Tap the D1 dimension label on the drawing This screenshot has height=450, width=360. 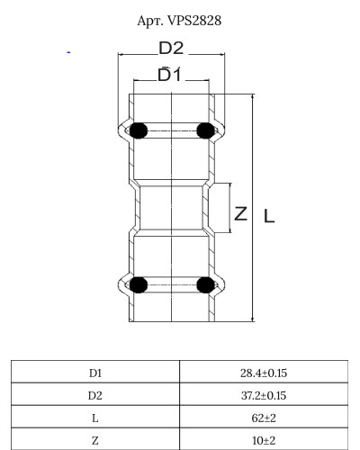coord(170,77)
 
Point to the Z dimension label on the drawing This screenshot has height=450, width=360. coord(240,213)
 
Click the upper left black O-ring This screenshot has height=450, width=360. coord(138,131)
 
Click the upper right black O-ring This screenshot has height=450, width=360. coord(204,131)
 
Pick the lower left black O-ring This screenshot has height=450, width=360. coord(138,286)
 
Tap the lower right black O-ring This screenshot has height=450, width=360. coord(204,286)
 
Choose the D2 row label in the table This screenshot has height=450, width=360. coord(95,394)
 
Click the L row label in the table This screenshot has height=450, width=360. coord(95,417)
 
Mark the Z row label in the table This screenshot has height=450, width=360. coord(95,439)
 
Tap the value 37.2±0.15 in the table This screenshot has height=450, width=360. coord(264,394)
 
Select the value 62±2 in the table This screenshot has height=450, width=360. coord(264,417)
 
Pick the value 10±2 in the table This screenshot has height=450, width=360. coord(264,439)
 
